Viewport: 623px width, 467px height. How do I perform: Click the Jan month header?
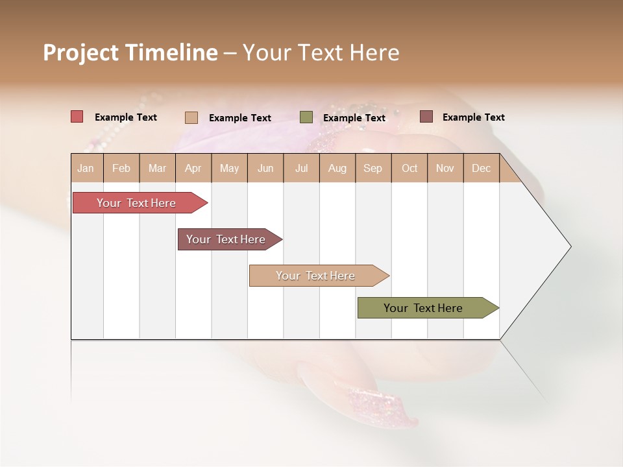(86, 168)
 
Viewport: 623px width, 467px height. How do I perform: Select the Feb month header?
(121, 168)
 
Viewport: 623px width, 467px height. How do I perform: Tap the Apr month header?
(193, 168)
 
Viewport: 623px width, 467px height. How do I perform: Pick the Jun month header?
(265, 168)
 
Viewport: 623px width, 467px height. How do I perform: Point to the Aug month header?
(337, 168)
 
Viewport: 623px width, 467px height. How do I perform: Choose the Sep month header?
(373, 168)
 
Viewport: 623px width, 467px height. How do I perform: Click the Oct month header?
(409, 168)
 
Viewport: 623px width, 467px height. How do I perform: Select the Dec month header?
(481, 168)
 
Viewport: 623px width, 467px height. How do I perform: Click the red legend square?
(77, 117)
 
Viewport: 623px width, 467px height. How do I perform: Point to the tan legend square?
(191, 117)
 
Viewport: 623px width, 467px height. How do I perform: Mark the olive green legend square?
(306, 117)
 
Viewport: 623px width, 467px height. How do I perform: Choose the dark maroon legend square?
(426, 117)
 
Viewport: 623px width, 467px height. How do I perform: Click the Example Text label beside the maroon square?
(473, 117)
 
